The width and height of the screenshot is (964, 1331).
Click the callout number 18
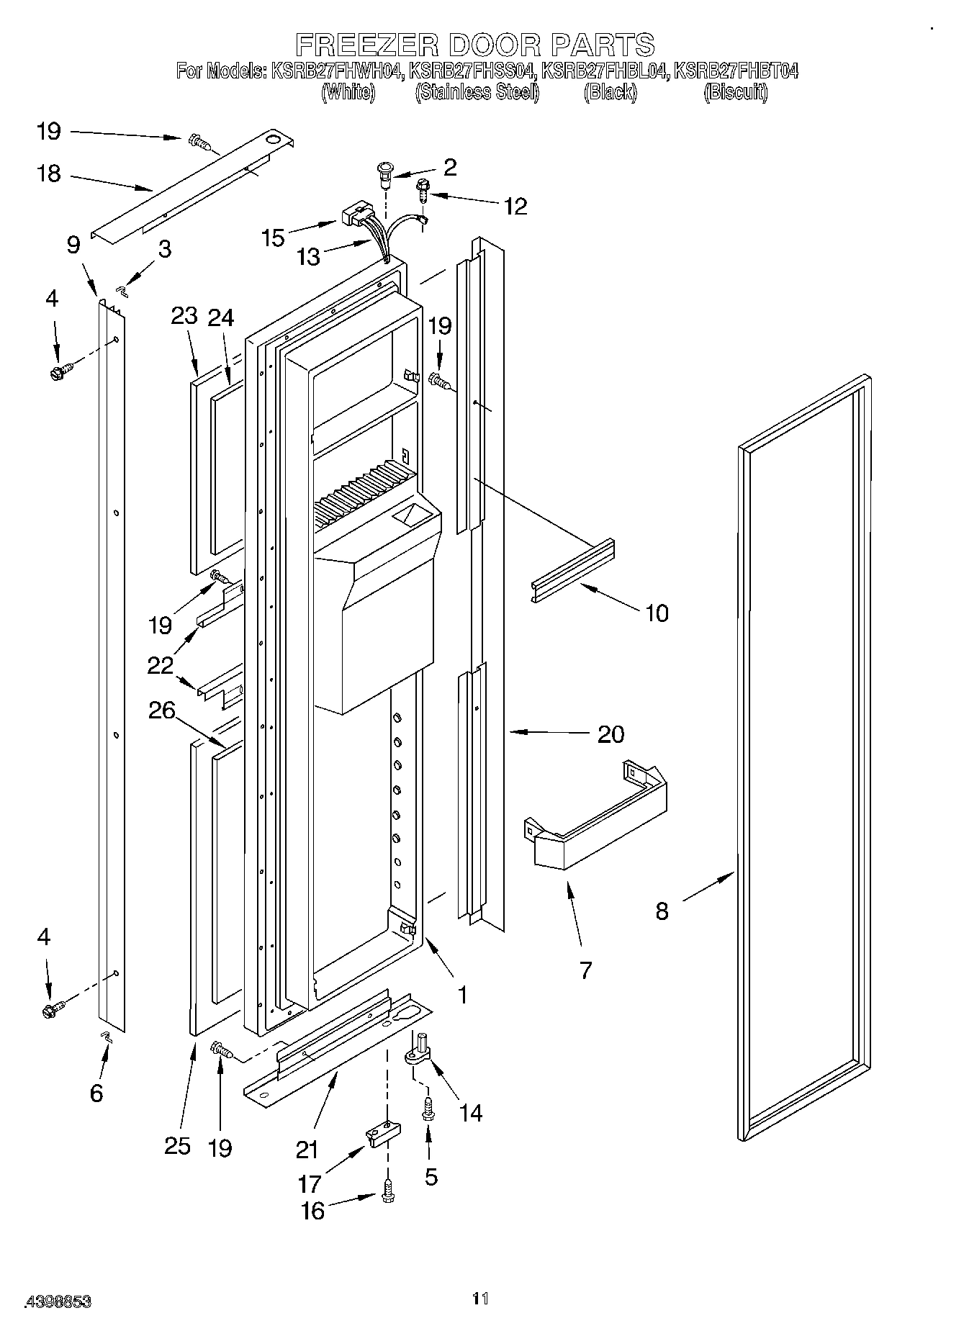pyautogui.click(x=49, y=173)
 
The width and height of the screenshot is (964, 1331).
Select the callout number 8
pyautogui.click(x=662, y=911)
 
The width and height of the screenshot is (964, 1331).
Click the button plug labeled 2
pyautogui.click(x=386, y=173)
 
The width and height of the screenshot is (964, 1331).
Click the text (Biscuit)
pyautogui.click(x=735, y=92)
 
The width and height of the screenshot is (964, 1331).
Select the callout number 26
pyautogui.click(x=161, y=710)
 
